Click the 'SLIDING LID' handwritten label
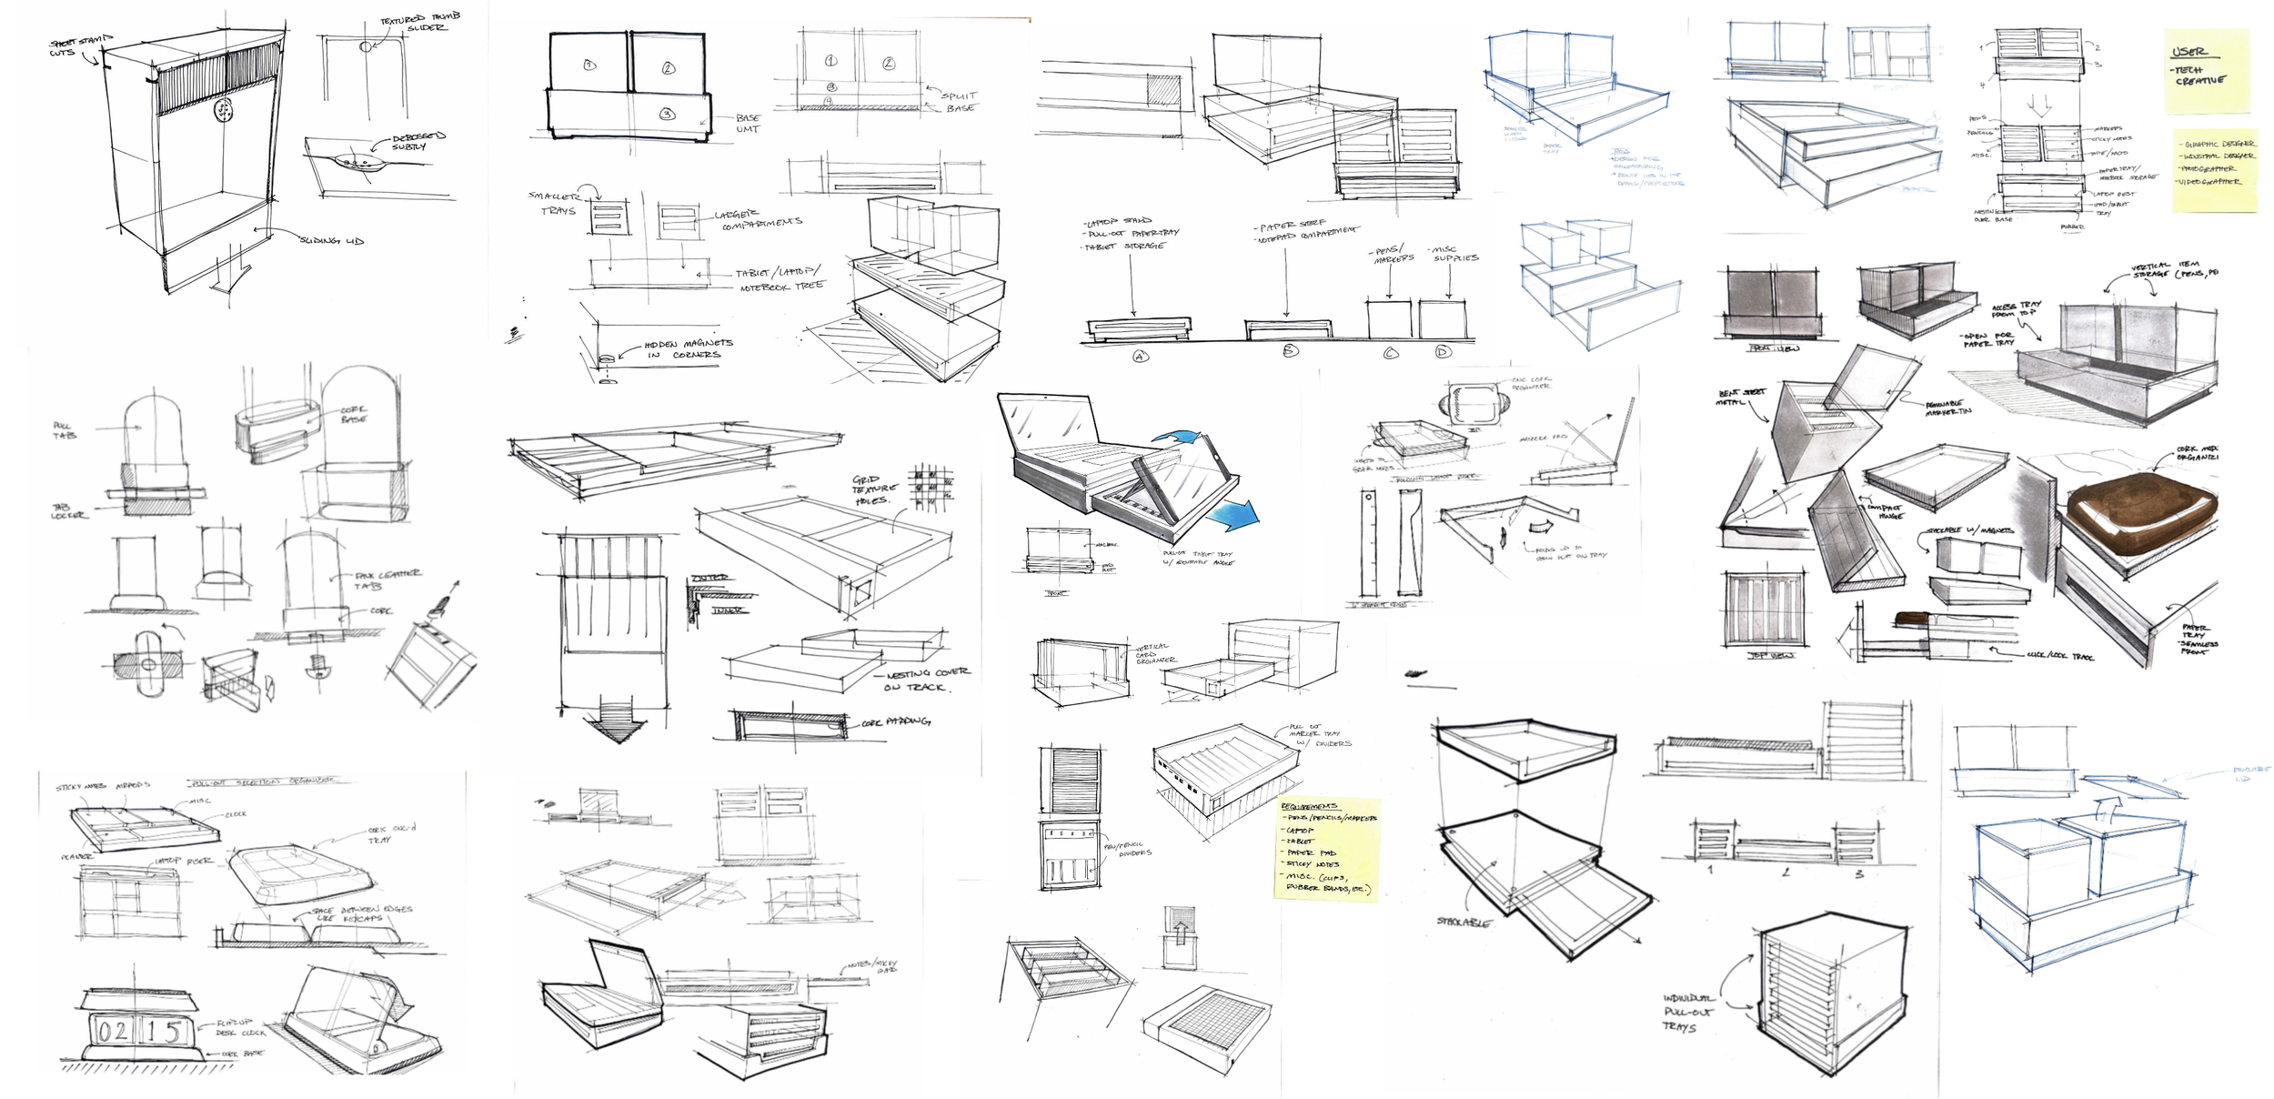tap(332, 240)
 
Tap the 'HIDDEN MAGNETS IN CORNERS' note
tap(688, 348)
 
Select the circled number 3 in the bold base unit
tap(667, 115)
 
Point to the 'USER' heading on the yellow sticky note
tap(2188, 51)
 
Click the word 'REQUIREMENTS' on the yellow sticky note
tap(1309, 806)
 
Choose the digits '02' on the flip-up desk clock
tap(114, 1032)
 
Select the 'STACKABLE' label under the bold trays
tap(1464, 922)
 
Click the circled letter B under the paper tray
tap(1289, 350)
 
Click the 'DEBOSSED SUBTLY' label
tap(418, 141)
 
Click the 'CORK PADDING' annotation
tap(895, 722)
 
